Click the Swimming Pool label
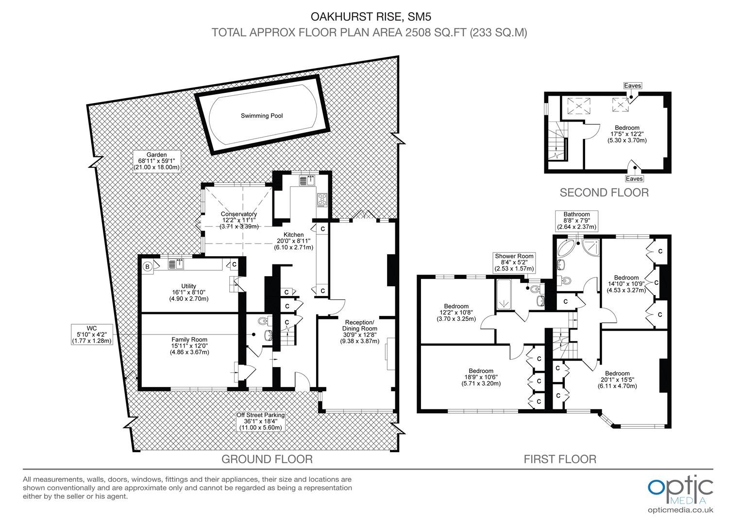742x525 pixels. tap(262, 116)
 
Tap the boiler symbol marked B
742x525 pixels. tap(148, 266)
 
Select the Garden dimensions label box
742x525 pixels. tap(157, 161)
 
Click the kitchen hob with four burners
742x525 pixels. tap(322, 200)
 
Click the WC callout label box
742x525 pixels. tap(92, 334)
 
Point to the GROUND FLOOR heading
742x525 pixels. tap(267, 459)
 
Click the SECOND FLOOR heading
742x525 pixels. tap(604, 192)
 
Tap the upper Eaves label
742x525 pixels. tap(632, 86)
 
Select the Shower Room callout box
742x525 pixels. tap(514, 262)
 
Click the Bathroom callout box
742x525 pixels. tap(577, 221)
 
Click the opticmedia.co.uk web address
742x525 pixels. tap(680, 510)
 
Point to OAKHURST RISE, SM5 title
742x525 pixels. tap(371, 17)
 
